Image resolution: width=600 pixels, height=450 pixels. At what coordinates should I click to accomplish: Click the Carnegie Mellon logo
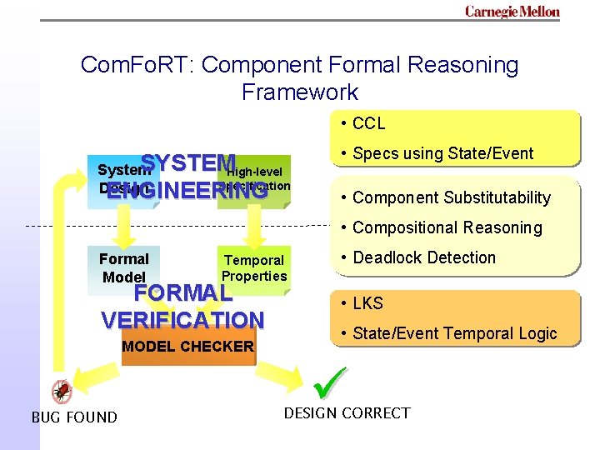512,12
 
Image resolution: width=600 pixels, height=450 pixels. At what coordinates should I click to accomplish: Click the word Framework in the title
300,92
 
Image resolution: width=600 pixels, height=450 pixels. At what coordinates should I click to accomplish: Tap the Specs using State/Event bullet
442,153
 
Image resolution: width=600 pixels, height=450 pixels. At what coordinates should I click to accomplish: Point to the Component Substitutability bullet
451,197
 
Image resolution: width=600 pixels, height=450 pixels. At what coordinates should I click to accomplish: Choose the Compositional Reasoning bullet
447,227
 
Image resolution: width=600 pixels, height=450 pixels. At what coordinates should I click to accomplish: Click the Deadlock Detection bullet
423,257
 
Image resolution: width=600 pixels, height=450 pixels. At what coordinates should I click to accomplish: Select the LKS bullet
367,303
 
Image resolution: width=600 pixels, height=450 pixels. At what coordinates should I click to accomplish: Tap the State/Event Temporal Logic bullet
454,333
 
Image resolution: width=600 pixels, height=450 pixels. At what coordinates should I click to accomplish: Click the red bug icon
62,391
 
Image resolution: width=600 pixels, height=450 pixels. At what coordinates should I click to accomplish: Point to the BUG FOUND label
74,417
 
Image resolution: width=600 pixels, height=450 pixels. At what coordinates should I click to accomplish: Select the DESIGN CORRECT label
347,413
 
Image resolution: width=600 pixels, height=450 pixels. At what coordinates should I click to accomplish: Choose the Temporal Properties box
254,267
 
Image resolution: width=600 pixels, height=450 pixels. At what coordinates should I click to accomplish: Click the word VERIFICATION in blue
182,320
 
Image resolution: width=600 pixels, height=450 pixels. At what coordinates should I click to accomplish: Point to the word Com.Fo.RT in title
137,65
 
